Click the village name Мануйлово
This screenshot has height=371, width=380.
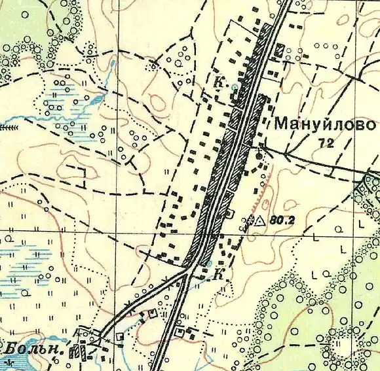[325, 124]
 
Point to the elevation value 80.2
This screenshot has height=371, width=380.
[280, 221]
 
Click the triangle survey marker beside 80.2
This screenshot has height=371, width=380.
[259, 221]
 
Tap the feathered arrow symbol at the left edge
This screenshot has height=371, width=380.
[9, 128]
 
